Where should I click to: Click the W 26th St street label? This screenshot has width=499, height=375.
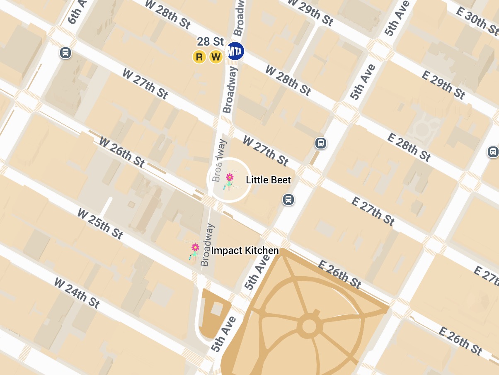tap(122, 152)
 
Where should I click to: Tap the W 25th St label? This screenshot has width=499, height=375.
tap(100, 224)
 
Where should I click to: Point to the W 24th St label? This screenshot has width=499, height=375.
tap(77, 293)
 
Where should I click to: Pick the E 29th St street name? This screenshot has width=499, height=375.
tap(443, 84)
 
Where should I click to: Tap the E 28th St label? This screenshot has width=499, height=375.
tap(409, 146)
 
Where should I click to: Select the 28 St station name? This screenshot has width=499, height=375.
tap(210, 41)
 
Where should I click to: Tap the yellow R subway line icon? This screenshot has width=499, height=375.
tap(199, 57)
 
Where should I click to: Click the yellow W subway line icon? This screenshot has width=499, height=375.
tap(216, 57)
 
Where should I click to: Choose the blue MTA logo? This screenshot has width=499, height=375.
tap(235, 51)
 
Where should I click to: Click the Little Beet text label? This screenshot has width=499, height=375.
tap(268, 180)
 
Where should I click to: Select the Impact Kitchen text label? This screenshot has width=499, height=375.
tap(245, 251)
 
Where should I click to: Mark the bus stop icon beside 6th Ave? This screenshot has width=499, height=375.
tap(65, 53)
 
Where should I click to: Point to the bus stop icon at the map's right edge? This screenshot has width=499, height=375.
tap(493, 151)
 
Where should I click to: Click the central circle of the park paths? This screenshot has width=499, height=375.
tap(309, 326)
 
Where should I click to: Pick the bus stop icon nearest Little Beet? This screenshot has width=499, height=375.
tap(289, 200)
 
